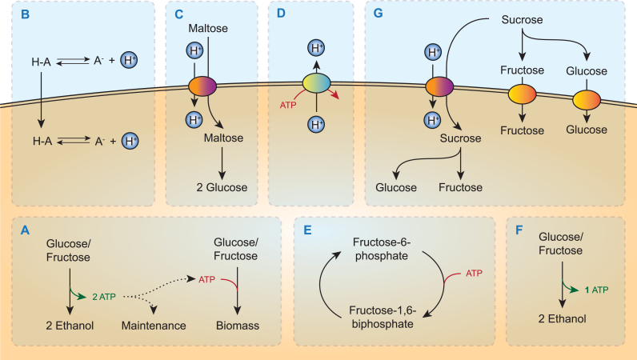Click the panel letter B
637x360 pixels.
click(26, 15)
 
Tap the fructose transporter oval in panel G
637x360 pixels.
click(522, 98)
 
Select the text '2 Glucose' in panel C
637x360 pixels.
click(222, 188)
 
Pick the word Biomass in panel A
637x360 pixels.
click(236, 326)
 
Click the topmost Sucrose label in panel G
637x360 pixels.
click(522, 19)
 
